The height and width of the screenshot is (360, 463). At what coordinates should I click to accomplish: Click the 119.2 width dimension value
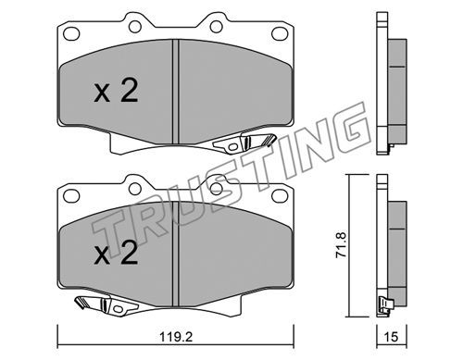point(176,337)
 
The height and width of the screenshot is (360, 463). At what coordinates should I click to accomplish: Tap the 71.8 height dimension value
point(342,245)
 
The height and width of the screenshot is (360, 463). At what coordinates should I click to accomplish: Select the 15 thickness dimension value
point(391,337)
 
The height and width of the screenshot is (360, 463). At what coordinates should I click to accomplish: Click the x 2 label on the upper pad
point(116,91)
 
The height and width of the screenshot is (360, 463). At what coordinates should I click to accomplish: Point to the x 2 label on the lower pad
point(116,254)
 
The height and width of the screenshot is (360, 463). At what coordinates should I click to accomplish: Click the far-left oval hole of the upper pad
point(71,33)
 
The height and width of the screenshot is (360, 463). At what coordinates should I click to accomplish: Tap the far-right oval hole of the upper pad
point(280,33)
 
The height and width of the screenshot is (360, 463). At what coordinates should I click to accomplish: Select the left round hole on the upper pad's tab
point(135,27)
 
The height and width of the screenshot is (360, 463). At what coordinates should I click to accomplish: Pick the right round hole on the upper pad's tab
point(216,27)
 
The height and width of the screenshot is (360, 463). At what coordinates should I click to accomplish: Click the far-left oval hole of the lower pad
point(71,196)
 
